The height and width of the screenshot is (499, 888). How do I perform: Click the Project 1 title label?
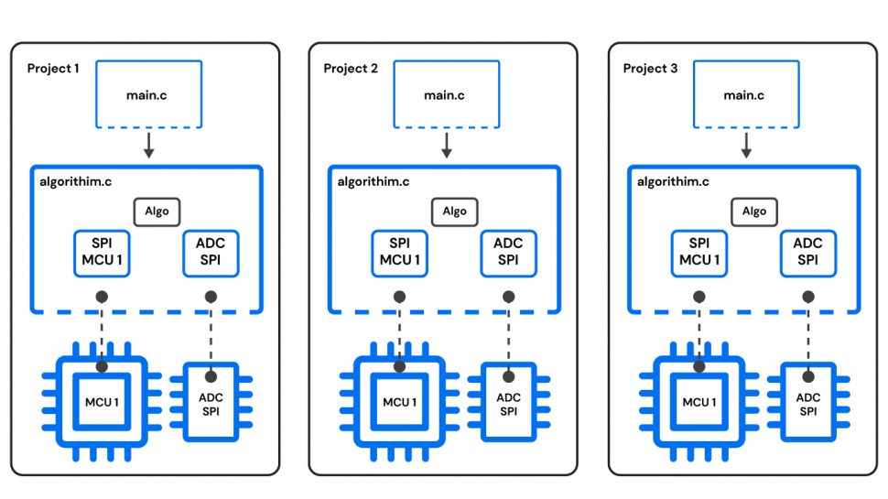pyautogui.click(x=53, y=69)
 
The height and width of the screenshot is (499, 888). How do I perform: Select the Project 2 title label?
pyautogui.click(x=350, y=69)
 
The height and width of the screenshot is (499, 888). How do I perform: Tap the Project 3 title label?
pyautogui.click(x=650, y=69)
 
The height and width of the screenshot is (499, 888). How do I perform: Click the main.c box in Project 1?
pyautogui.click(x=149, y=94)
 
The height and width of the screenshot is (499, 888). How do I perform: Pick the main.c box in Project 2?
pyautogui.click(x=446, y=94)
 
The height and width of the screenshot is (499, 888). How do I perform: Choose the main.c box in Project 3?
pyautogui.click(x=745, y=94)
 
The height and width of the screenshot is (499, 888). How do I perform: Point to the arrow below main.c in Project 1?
pyautogui.click(x=149, y=145)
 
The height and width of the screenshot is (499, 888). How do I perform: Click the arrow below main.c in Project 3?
pyautogui.click(x=745, y=145)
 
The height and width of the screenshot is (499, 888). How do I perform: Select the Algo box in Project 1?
pyautogui.click(x=157, y=212)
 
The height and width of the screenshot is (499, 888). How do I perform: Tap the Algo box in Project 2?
pyautogui.click(x=454, y=212)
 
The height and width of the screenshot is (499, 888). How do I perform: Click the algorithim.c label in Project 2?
pyautogui.click(x=374, y=181)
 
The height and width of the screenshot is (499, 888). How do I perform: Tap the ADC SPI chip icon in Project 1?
pyautogui.click(x=211, y=403)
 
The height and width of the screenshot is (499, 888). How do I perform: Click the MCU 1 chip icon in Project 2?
pyautogui.click(x=399, y=403)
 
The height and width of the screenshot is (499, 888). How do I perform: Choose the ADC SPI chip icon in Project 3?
pyautogui.click(x=807, y=403)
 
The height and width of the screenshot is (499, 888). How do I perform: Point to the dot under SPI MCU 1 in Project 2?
pyautogui.click(x=399, y=297)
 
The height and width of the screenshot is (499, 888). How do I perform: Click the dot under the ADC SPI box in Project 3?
pyautogui.click(x=807, y=297)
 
